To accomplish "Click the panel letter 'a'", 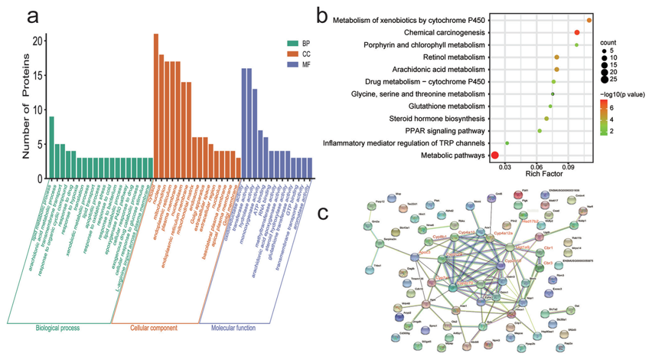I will click(x=32, y=16).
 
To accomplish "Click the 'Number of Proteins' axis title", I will click(x=26, y=106).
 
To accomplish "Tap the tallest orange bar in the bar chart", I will click(x=156, y=106).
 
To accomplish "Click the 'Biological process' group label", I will click(x=57, y=329).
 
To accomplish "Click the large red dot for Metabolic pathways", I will click(x=495, y=156).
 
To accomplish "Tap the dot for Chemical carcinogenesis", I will click(x=577, y=33).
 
